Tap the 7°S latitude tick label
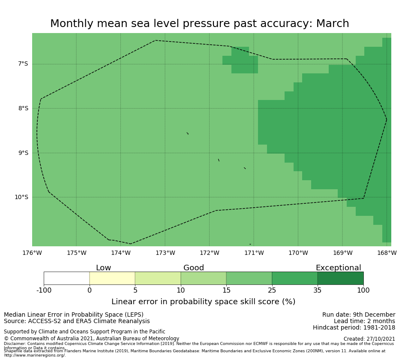23,64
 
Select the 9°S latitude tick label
23,153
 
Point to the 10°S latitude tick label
21,197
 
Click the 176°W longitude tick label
32,253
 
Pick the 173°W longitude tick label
165,253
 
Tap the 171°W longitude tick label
254,253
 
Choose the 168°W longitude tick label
387,253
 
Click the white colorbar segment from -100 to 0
66,278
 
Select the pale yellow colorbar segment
112,278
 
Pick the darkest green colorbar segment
340,278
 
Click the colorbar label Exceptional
338,268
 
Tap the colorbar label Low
103,268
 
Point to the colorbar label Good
194,268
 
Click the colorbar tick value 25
272,290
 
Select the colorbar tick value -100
44,290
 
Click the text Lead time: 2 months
364,321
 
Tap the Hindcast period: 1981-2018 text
354,328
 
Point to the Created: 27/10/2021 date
369,339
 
